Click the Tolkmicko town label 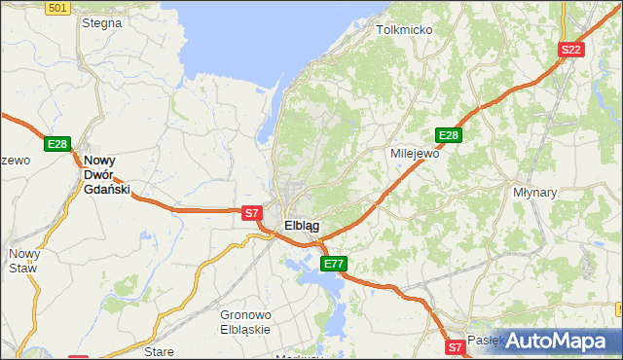(x=404, y=30)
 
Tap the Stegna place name (x=101, y=21)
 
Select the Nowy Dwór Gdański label (x=107, y=175)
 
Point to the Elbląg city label (x=302, y=226)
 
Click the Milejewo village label (x=415, y=154)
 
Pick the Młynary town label (x=534, y=193)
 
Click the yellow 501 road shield (x=57, y=8)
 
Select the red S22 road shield (x=570, y=50)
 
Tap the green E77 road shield (x=334, y=264)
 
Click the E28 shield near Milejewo (x=448, y=135)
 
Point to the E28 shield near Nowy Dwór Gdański (x=56, y=144)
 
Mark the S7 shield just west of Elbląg (x=251, y=212)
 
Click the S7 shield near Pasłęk (x=455, y=346)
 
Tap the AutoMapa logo (x=556, y=341)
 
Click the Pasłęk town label (x=484, y=341)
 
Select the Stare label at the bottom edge (x=158, y=351)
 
